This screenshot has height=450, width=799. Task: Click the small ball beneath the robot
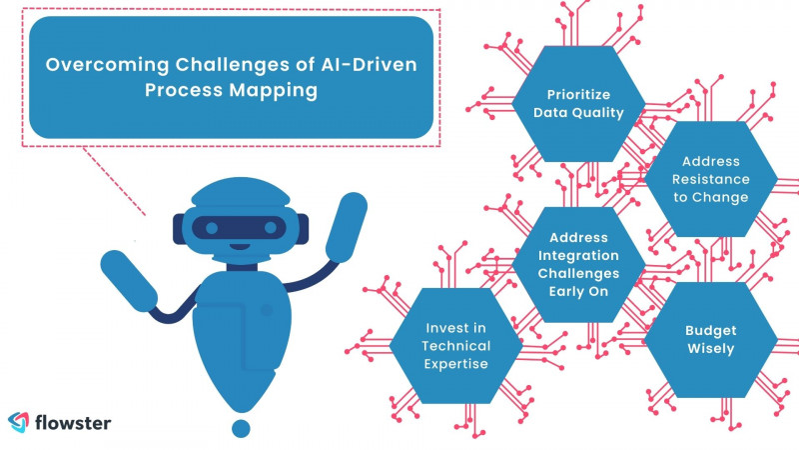[x=240, y=428]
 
